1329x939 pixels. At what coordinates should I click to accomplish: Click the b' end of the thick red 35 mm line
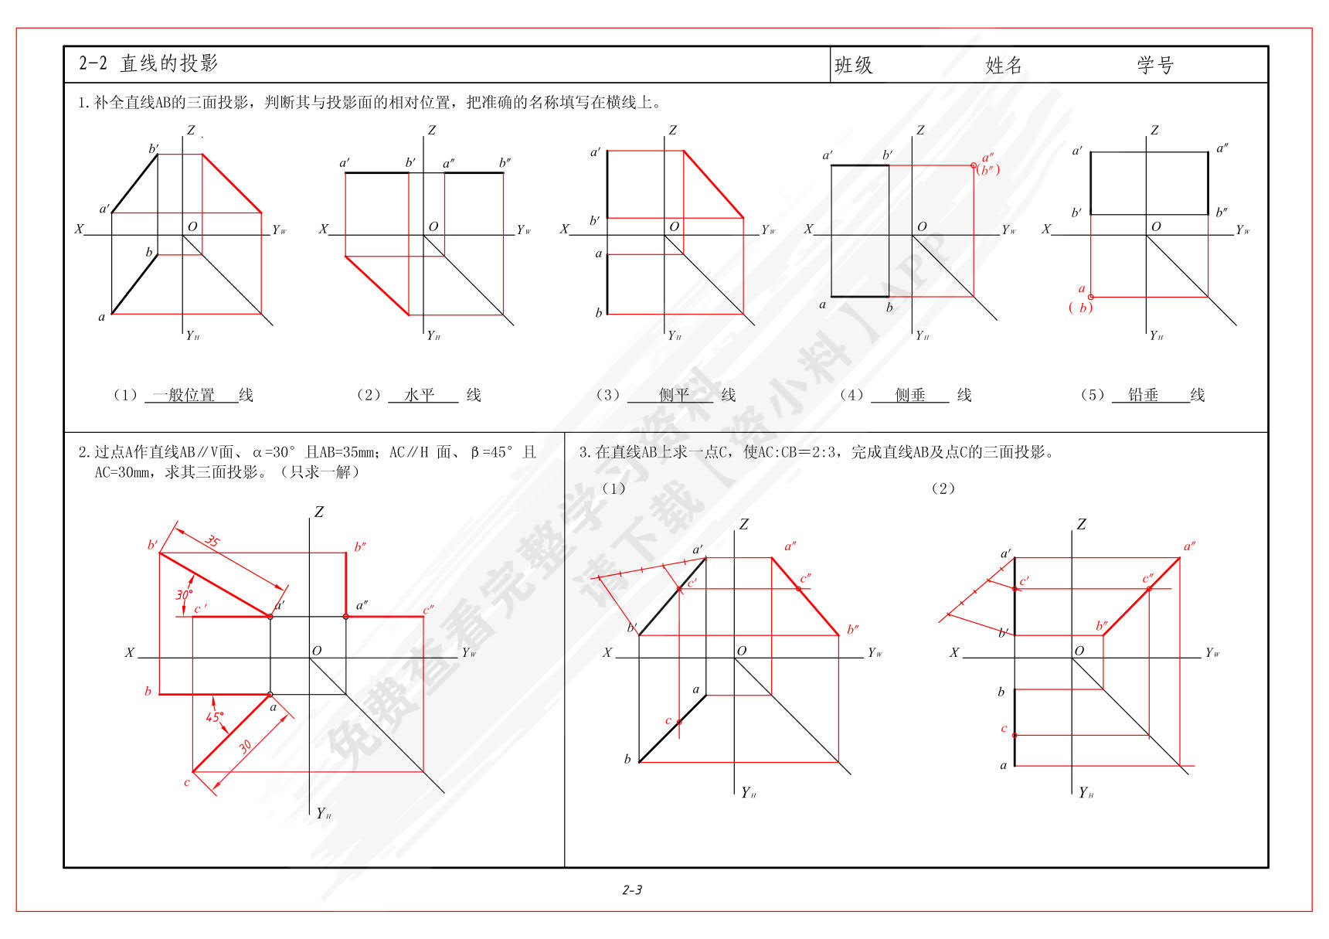pyautogui.click(x=159, y=553)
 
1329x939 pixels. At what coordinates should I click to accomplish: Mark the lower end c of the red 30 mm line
pyautogui.click(x=192, y=771)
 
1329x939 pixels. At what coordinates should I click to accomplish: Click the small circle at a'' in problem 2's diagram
pyautogui.click(x=345, y=617)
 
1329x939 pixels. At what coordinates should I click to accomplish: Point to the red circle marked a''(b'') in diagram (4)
pyautogui.click(x=973, y=165)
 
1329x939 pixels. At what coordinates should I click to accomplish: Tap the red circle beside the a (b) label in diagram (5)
pyautogui.click(x=1090, y=297)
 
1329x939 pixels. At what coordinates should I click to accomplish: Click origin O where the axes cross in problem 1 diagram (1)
pyautogui.click(x=182, y=234)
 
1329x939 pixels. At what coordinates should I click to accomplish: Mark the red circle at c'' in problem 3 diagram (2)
pyautogui.click(x=1149, y=589)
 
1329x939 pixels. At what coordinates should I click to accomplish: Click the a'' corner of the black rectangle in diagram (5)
pyautogui.click(x=1208, y=152)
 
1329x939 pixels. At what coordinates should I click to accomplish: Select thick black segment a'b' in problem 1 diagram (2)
pyautogui.click(x=377, y=173)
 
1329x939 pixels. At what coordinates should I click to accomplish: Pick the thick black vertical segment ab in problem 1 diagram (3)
pyautogui.click(x=607, y=284)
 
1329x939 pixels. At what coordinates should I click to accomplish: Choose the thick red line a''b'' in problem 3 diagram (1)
pyautogui.click(x=805, y=597)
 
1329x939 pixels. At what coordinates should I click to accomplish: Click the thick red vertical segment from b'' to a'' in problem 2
pyautogui.click(x=345, y=584)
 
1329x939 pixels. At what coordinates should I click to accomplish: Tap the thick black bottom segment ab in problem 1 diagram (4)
pyautogui.click(x=860, y=296)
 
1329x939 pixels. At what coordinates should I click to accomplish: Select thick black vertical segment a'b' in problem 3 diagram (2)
pyautogui.click(x=1015, y=596)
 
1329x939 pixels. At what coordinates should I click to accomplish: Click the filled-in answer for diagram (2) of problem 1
pyautogui.click(x=420, y=395)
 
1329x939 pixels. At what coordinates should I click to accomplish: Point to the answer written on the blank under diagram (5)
pyautogui.click(x=1143, y=395)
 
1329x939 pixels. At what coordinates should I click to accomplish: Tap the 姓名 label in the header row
pyautogui.click(x=1004, y=66)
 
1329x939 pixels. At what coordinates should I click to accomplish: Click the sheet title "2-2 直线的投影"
pyautogui.click(x=148, y=63)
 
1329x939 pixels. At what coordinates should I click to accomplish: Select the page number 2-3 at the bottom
pyautogui.click(x=632, y=890)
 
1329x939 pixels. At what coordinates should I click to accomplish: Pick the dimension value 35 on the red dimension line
pyautogui.click(x=212, y=541)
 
